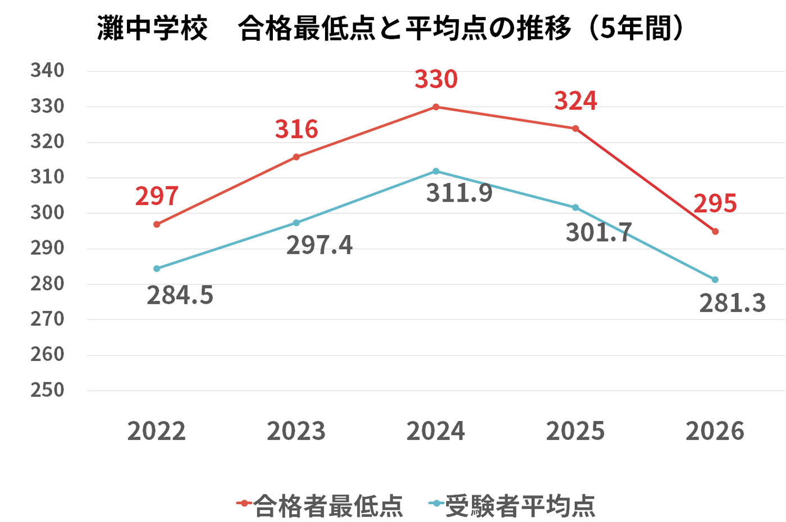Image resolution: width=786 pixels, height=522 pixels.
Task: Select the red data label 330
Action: point(436,79)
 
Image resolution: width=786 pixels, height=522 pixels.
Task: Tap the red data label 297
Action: point(157,196)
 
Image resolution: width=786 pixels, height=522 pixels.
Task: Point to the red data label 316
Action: point(296,130)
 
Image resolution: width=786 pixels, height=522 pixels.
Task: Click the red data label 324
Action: point(575,101)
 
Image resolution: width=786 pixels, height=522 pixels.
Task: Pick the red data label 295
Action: point(715,204)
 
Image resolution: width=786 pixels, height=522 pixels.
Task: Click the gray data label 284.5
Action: point(180,295)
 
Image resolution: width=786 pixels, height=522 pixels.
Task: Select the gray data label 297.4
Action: point(319,245)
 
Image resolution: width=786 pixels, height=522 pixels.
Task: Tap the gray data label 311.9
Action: point(459,193)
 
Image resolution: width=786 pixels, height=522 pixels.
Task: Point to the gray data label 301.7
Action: point(598,232)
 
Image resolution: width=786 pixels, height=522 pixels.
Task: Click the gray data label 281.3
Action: point(732,303)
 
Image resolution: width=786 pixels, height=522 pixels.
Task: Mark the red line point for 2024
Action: point(436,107)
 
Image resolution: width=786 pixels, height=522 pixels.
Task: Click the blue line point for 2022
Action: point(157,269)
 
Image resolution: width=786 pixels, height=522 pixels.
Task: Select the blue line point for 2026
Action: point(715,280)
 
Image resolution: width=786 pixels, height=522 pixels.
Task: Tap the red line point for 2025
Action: point(575,129)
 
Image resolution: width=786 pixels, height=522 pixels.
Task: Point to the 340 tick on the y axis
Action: point(48,71)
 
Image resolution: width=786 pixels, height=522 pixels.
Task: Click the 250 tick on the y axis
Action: point(48,390)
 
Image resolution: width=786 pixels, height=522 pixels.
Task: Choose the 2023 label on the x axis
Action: point(296,431)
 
